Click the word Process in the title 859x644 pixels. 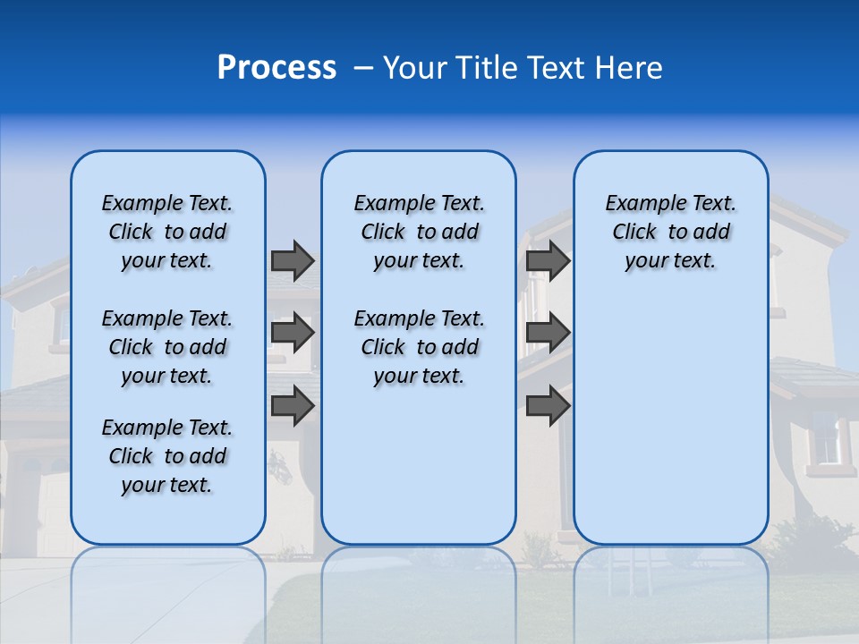click(276, 68)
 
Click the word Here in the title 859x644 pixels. click(631, 68)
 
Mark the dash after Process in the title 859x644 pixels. click(363, 69)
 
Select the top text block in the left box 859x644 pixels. click(167, 232)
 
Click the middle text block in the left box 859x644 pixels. click(167, 347)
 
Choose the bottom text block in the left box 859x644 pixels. click(167, 456)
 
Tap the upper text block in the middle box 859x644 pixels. click(419, 232)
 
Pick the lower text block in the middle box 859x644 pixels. click(419, 347)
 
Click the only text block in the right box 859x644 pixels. click(670, 232)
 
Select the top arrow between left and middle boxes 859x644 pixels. click(293, 260)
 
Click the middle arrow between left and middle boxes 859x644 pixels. click(293, 333)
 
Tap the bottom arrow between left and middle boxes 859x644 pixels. click(293, 405)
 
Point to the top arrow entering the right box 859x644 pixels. click(548, 260)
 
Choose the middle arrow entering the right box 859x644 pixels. click(548, 333)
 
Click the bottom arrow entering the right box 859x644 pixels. click(548, 405)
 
